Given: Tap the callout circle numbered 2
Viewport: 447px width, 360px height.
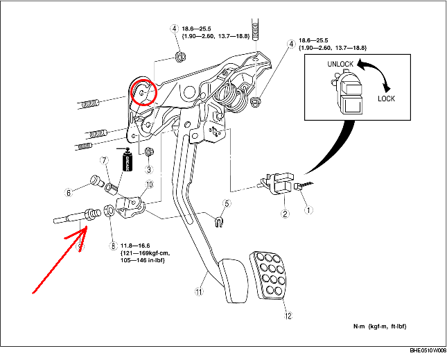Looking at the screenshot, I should [x=285, y=214].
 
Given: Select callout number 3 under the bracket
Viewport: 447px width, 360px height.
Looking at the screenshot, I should [x=148, y=170].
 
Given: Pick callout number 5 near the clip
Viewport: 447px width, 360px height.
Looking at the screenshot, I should [x=225, y=203].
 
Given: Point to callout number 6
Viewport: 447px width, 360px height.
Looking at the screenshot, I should [x=88, y=193].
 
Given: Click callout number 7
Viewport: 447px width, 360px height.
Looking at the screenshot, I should [x=105, y=161].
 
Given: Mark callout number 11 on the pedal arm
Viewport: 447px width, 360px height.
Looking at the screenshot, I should [x=200, y=293].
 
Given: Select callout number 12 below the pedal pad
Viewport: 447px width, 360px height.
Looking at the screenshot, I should [x=288, y=314].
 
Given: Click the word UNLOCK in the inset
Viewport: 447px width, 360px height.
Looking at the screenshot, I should [x=340, y=64].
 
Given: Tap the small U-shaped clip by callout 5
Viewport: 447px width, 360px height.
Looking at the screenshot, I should [x=219, y=222].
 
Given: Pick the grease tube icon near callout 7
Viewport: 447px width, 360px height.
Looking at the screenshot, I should [x=127, y=163].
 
